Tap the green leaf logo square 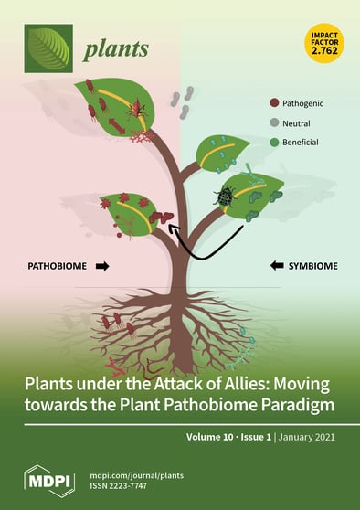coord(48,48)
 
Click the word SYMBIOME coord(312,267)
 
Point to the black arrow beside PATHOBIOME coord(102,267)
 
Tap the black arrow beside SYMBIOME coord(274,267)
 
